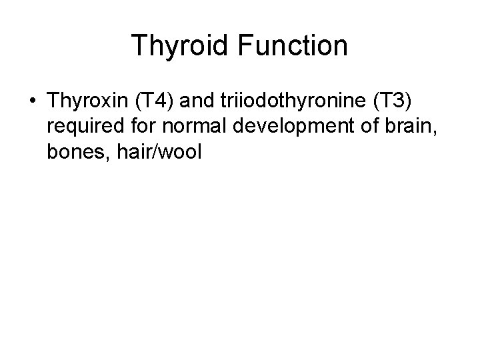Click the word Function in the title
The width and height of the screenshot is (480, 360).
pos(291,46)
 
